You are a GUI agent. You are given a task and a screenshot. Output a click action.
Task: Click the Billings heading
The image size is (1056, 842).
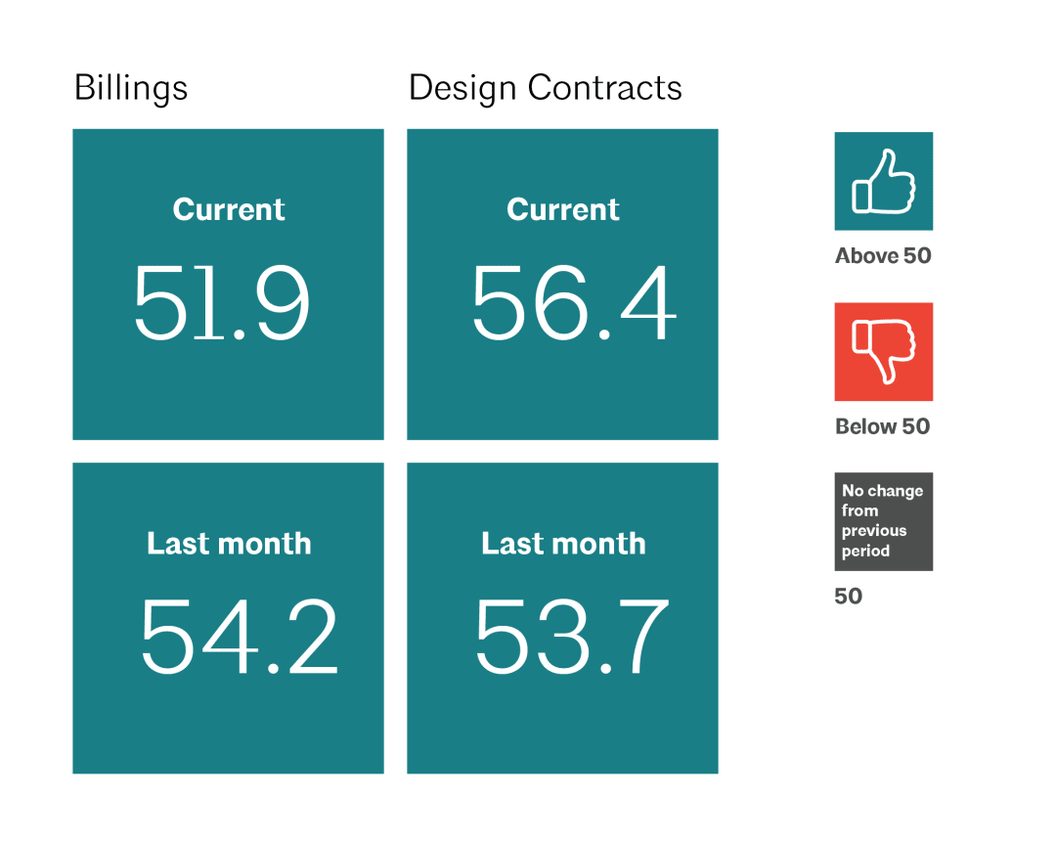tap(131, 89)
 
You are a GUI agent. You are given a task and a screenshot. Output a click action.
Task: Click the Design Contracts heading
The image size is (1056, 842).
tap(545, 89)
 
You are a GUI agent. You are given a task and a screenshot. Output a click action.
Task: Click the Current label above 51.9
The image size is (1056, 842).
tap(229, 209)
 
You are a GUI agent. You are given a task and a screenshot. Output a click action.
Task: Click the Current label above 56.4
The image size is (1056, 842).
tap(563, 209)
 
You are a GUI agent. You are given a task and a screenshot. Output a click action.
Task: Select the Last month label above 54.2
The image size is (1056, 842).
tap(229, 544)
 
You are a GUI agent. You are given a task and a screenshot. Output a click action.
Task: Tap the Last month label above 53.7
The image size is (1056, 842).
tap(563, 544)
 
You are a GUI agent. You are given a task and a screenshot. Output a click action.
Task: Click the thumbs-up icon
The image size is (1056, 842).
tap(883, 181)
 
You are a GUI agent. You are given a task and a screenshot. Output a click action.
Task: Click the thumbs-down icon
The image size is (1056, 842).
tap(883, 352)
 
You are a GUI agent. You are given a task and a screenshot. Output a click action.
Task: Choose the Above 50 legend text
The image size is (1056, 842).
tap(883, 256)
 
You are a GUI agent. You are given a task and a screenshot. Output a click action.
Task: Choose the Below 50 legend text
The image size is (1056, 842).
tap(882, 426)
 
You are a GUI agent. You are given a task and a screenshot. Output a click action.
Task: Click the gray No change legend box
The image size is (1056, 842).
tap(883, 521)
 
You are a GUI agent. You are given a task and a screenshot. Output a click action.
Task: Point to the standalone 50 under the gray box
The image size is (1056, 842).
tap(849, 597)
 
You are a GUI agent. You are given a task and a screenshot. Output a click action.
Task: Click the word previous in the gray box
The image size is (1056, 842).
tap(874, 531)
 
